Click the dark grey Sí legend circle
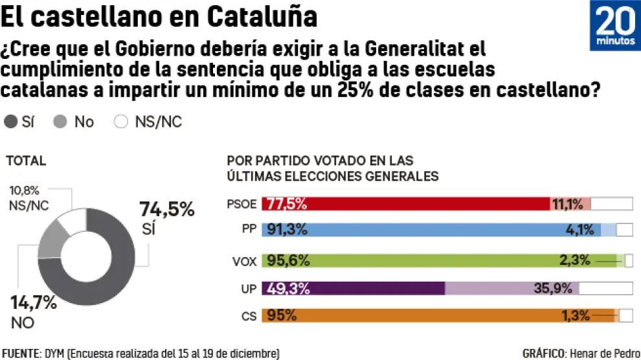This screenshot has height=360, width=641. (11, 122)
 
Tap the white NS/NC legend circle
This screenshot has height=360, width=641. (120, 122)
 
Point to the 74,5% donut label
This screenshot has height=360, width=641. (166, 209)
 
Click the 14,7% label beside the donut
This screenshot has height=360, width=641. (33, 302)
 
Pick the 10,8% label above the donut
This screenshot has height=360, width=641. (25, 190)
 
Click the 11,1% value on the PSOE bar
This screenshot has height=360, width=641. (568, 204)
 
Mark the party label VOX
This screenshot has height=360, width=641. (244, 262)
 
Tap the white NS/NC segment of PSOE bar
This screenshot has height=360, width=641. (611, 204)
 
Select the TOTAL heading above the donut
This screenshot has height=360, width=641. (27, 161)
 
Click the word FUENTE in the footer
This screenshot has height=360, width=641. (21, 354)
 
